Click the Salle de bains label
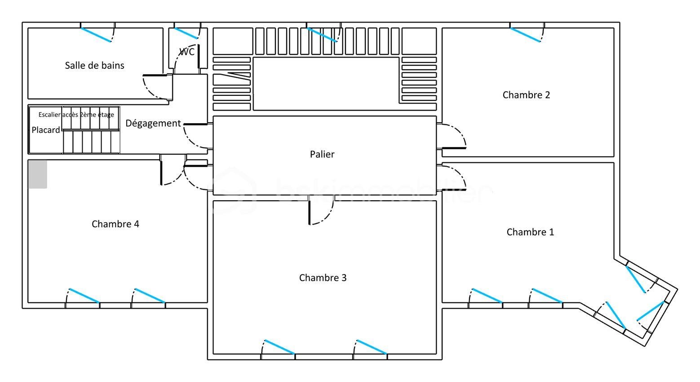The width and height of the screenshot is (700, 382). (x=94, y=66)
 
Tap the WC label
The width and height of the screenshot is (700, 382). (x=187, y=52)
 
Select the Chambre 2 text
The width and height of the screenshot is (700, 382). (x=526, y=95)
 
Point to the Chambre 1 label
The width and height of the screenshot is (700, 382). (x=530, y=232)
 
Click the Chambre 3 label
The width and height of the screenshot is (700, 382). (x=323, y=278)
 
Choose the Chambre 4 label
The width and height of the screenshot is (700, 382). (x=115, y=224)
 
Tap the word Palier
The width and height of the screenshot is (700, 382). (x=322, y=154)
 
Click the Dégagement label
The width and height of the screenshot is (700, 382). (x=153, y=123)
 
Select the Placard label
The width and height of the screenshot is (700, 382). (x=45, y=130)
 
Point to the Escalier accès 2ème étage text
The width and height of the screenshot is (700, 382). (x=76, y=115)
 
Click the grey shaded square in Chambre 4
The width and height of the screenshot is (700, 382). (x=38, y=174)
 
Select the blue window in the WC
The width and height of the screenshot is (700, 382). (x=186, y=33)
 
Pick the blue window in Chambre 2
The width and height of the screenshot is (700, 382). (x=525, y=35)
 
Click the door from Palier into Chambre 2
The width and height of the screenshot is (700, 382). (x=453, y=136)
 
